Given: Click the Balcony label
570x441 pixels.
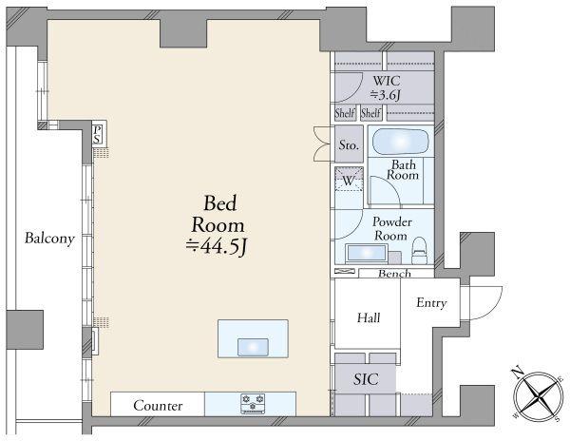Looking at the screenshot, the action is (49, 239).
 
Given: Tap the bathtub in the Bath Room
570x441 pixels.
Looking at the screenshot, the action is (401, 141).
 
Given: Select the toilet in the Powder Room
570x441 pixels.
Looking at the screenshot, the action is (419, 251).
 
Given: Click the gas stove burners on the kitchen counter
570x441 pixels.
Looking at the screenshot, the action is (253, 403).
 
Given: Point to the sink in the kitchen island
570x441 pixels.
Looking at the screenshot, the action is (253, 347).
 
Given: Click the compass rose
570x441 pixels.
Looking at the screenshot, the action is (539, 396).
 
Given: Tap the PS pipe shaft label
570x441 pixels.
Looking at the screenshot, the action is (97, 135).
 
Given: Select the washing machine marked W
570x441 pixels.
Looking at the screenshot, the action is (349, 180).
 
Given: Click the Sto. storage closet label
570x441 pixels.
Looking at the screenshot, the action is (349, 145).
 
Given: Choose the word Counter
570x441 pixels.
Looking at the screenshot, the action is (158, 406).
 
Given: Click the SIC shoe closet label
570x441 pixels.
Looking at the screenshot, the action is (366, 379).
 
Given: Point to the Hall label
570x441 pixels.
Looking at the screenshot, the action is (369, 317).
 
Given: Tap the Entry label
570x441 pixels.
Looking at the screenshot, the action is (431, 303).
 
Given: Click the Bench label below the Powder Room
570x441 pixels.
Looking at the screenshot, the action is (394, 274).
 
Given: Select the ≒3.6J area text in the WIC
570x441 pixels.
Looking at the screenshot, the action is (386, 95).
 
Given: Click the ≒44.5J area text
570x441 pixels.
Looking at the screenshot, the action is (217, 247).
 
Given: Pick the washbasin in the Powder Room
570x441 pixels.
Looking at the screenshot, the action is (366, 253).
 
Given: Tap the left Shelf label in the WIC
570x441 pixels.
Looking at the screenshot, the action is (344, 113).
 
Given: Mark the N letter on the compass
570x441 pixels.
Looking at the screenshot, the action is (517, 373).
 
